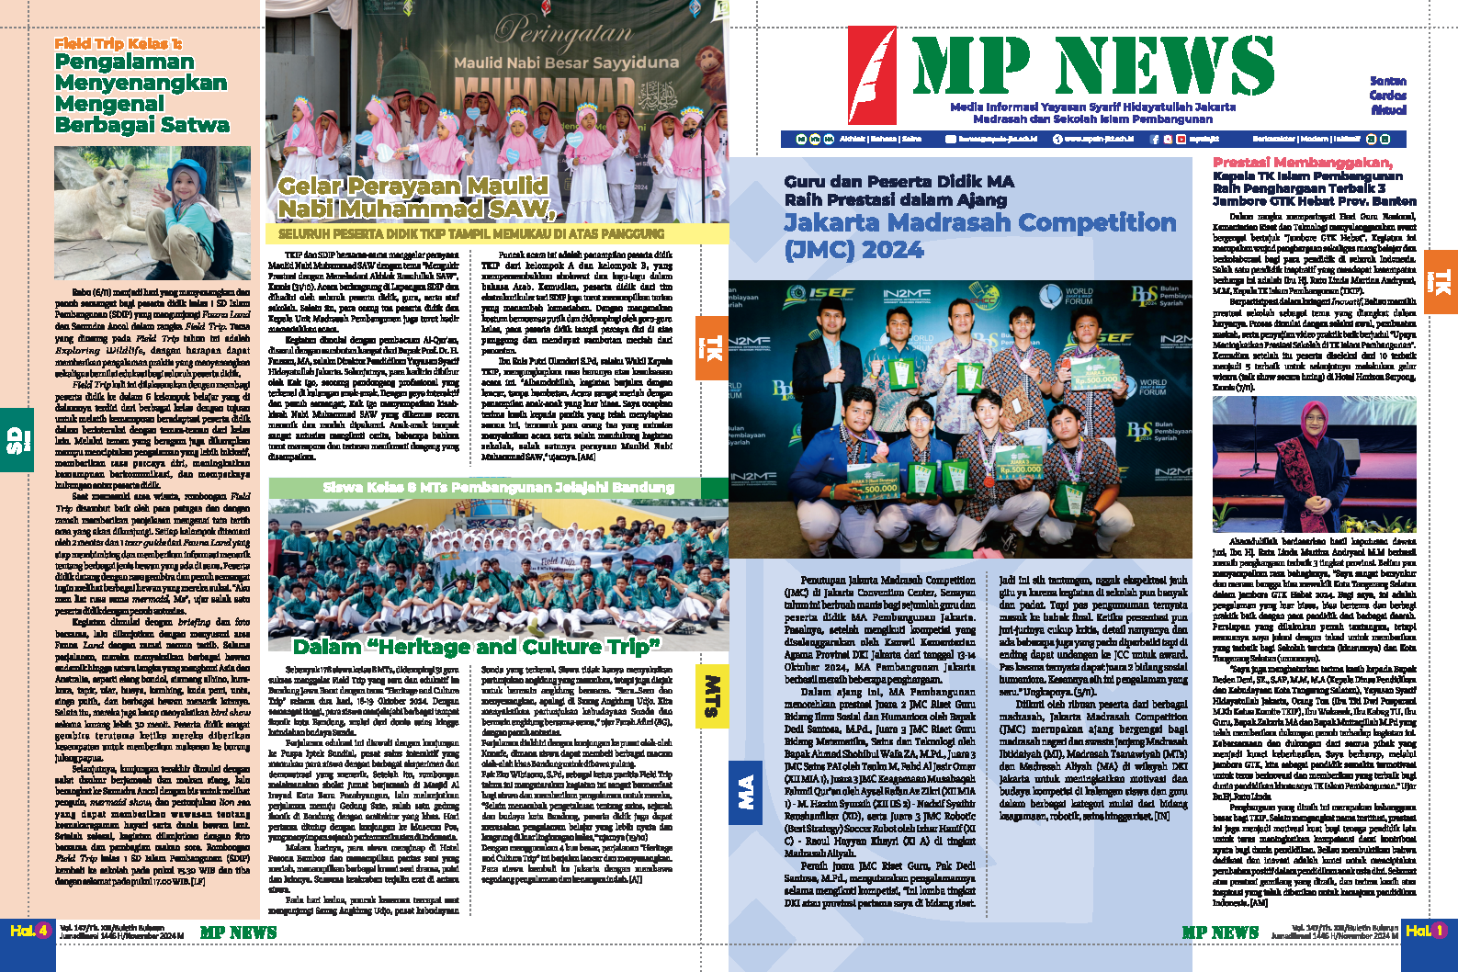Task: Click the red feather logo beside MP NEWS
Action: pos(872,75)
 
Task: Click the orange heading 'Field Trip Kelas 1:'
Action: pos(118,43)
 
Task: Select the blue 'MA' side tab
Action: pos(745,791)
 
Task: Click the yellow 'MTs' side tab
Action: pos(712,695)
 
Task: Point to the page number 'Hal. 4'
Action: pos(29,931)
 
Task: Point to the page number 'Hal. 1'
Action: pos(1425,931)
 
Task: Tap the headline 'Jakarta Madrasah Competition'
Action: pos(979,223)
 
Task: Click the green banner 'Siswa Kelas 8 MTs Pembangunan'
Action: pos(498,487)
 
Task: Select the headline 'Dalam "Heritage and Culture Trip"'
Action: pos(476,647)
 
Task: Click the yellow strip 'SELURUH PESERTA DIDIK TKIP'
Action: pos(471,234)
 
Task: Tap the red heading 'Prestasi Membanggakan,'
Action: pos(1303,163)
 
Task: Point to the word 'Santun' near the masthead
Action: pos(1387,81)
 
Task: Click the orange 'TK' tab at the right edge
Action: pos(1441,282)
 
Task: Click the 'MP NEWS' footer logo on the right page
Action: pos(1220,932)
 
